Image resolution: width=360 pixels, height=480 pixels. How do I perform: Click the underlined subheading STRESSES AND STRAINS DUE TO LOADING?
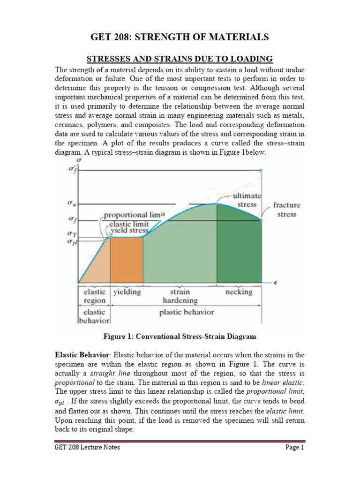(180, 59)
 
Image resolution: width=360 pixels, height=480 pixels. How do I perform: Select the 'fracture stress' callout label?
(287, 210)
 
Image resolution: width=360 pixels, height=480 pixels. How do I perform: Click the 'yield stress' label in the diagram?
(129, 230)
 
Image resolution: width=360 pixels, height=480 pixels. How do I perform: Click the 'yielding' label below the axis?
(127, 291)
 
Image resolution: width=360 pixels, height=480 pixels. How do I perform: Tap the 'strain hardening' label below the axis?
(180, 296)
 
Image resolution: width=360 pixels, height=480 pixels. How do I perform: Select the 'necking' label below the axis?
(239, 291)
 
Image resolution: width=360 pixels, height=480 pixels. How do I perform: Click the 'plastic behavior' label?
(186, 312)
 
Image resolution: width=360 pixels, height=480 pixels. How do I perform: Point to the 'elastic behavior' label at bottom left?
(94, 316)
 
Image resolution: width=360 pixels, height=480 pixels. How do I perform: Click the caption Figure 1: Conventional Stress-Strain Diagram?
(180, 337)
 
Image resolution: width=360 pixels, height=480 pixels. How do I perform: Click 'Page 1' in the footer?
(295, 447)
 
